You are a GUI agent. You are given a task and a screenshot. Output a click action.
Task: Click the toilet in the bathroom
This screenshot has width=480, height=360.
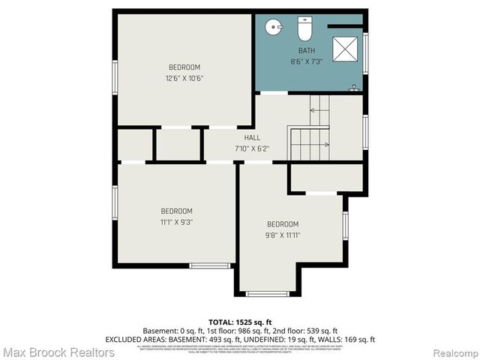(x=304, y=29)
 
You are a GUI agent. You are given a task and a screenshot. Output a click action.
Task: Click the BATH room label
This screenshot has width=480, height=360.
(x=306, y=51)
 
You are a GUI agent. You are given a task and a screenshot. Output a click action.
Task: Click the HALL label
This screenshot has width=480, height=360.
(x=253, y=138)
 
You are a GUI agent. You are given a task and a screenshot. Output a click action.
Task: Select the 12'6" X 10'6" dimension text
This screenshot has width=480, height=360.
(x=184, y=78)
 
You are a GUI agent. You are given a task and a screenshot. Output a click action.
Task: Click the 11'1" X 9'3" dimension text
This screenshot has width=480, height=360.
(x=176, y=222)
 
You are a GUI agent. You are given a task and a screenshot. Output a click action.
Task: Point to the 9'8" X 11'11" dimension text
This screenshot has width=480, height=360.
(x=283, y=235)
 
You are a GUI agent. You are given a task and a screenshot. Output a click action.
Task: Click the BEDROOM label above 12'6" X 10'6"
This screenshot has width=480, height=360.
(x=184, y=67)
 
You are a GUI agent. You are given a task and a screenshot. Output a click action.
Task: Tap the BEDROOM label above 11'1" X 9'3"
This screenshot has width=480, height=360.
(x=176, y=211)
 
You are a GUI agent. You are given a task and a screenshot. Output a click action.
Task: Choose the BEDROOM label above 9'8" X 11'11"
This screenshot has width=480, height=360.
(x=283, y=224)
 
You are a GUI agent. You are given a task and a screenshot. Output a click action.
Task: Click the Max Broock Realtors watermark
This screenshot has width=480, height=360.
(x=58, y=352)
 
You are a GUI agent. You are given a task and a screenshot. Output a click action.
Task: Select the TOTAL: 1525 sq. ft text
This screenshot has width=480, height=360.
(x=240, y=322)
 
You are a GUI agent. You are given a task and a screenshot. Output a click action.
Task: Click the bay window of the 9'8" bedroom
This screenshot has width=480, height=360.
(x=267, y=293)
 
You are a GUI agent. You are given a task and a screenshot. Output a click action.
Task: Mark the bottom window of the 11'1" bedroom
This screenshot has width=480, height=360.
(x=209, y=265)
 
